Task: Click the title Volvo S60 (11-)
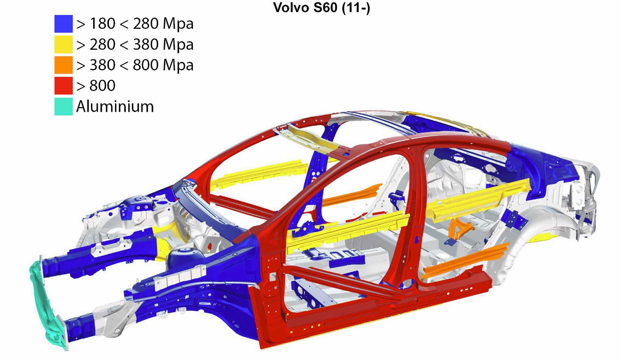(321, 7)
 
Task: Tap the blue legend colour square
(63, 24)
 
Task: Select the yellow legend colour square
(63, 44)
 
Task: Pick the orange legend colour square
(63, 65)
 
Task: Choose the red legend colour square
(63, 86)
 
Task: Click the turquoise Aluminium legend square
(63, 107)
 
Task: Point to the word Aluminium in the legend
(115, 107)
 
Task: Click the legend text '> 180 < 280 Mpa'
(135, 24)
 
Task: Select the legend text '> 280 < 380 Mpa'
(135, 45)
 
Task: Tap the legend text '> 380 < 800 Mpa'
(135, 65)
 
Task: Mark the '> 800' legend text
(96, 86)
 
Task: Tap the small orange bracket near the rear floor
(460, 229)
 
